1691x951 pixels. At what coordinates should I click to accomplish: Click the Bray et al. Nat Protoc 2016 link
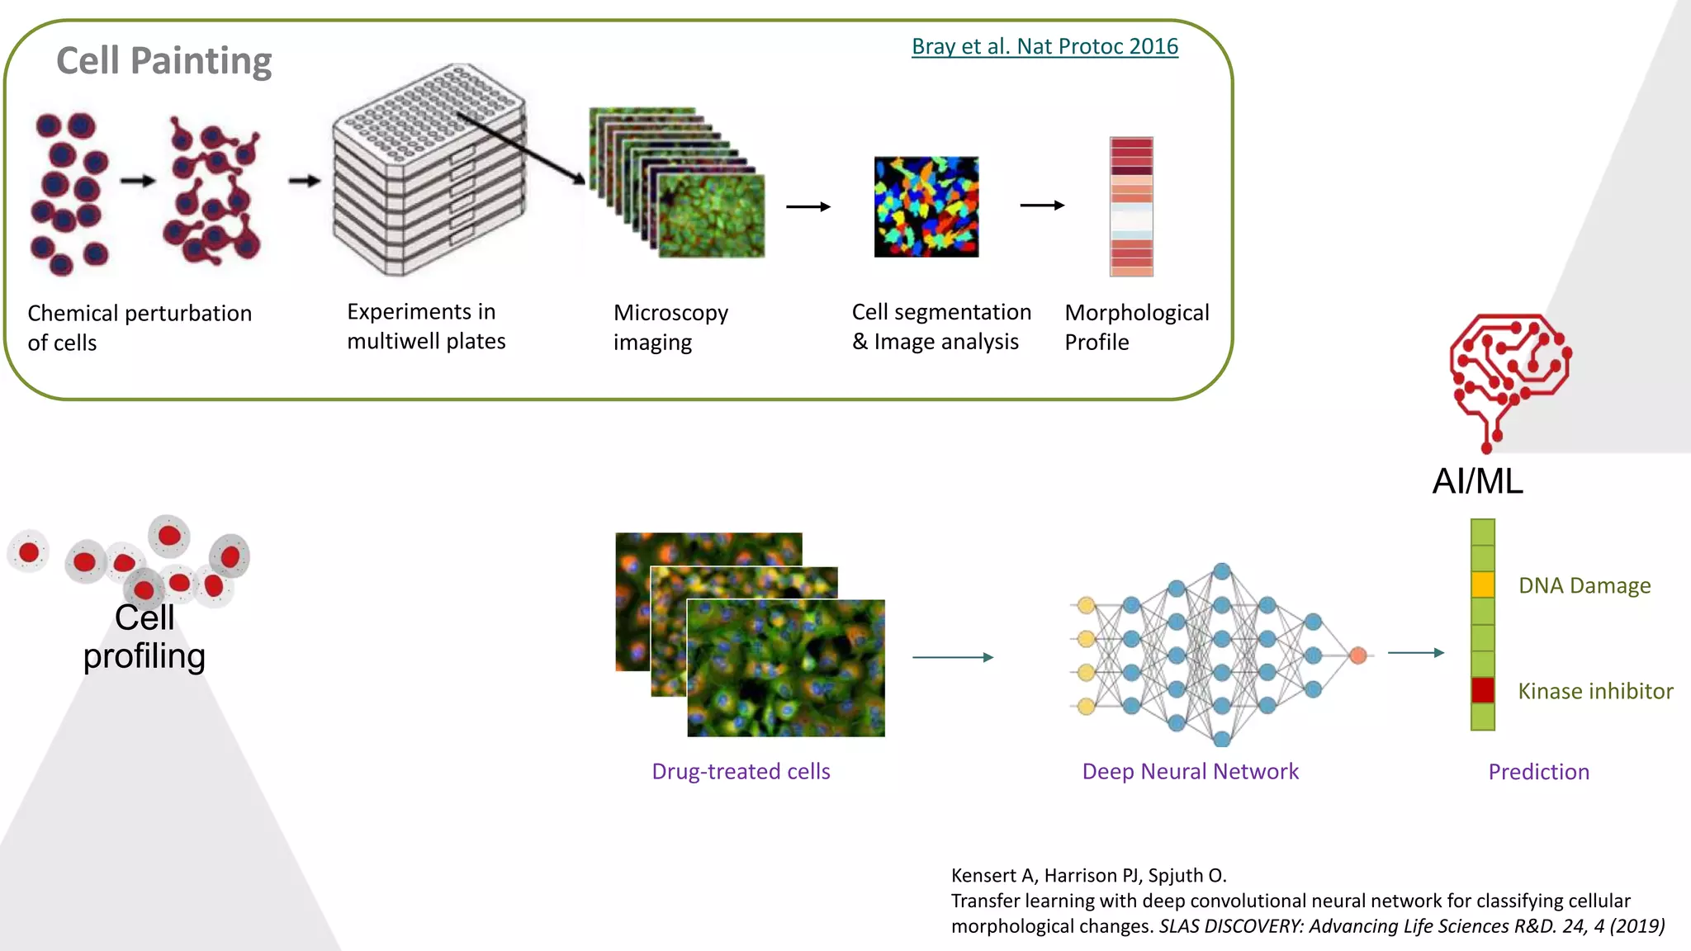coord(1044,46)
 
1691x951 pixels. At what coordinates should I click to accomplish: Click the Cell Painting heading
coord(163,61)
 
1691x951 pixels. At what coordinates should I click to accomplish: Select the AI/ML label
coord(1477,481)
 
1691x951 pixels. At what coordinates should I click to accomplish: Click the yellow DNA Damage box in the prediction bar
coord(1483,584)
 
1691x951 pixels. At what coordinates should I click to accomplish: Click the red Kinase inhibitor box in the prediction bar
coord(1483,690)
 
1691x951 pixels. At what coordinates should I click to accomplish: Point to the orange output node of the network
coord(1358,655)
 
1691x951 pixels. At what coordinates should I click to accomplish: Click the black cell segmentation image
coord(926,207)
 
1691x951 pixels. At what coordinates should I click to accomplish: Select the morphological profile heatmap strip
coord(1131,206)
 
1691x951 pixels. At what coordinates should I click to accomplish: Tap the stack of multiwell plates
coord(429,173)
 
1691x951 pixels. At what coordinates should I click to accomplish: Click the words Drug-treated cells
coord(741,771)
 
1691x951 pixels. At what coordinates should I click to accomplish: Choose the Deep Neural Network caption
coord(1190,771)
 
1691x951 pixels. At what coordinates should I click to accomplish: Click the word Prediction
coord(1538,772)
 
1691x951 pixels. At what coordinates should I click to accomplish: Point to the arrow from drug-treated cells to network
coord(952,657)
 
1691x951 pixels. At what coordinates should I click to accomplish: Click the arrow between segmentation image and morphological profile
coord(1042,206)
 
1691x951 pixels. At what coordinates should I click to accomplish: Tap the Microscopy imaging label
coord(670,327)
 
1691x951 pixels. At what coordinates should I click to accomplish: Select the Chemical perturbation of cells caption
coord(139,328)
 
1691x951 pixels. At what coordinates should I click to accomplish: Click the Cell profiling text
coord(144,637)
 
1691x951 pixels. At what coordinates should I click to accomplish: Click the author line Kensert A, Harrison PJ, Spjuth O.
coord(1088,875)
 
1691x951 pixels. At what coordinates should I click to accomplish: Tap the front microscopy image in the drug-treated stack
coord(786,669)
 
